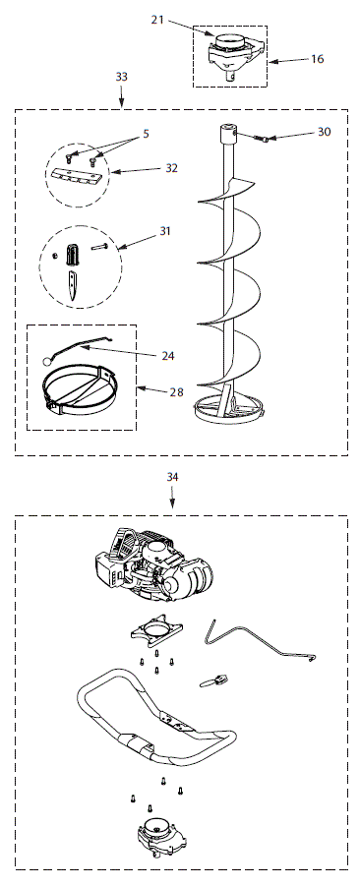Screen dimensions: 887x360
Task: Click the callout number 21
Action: [158, 19]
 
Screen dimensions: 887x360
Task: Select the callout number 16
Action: [317, 59]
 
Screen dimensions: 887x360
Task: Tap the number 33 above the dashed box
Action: [121, 76]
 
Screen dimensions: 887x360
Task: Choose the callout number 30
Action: [325, 132]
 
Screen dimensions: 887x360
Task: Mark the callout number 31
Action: [165, 232]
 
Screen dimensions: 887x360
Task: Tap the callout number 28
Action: [176, 391]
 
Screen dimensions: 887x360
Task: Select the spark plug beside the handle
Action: [216, 680]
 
